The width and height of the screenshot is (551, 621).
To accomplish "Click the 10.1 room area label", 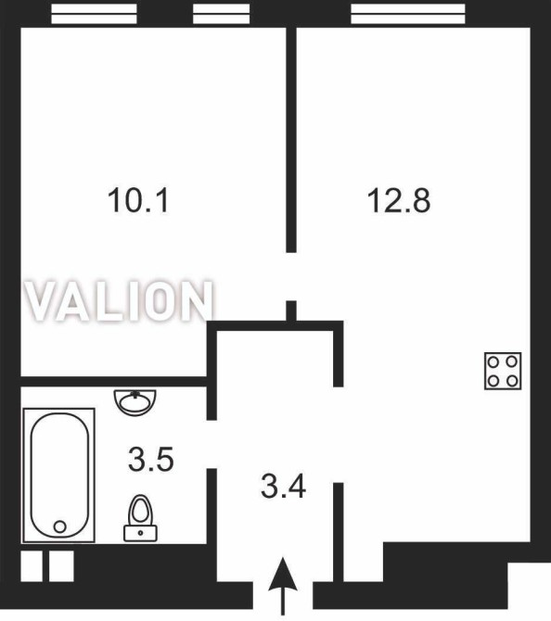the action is [138, 200].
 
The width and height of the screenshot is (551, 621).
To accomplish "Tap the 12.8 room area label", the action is [399, 200].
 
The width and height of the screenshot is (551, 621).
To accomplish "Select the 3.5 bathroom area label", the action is [151, 459].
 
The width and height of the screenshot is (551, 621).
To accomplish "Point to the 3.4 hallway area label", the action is [283, 487].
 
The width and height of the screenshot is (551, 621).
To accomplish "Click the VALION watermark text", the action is [119, 300].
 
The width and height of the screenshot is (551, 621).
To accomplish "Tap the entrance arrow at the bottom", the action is [283, 586].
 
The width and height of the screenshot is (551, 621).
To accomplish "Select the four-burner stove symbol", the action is [503, 371].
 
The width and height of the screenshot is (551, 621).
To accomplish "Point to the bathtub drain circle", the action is [60, 526].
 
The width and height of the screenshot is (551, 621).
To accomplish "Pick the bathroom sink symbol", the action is [135, 402].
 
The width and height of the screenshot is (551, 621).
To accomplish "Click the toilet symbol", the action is [141, 518].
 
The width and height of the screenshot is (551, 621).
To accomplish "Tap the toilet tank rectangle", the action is [141, 533].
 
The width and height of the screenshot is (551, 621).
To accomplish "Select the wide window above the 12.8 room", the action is [408, 14].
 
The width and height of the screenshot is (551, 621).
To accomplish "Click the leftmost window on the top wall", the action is [94, 14].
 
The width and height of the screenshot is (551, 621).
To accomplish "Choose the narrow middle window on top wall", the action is [221, 14].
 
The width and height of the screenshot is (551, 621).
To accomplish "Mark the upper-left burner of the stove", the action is [493, 361].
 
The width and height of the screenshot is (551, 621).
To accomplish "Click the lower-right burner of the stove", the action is [513, 381].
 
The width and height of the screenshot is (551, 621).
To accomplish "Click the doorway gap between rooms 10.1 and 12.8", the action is [291, 276].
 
